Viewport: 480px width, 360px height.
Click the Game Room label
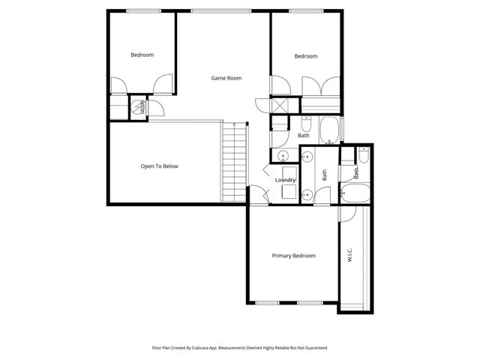click(226, 78)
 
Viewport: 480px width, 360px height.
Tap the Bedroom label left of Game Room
click(142, 55)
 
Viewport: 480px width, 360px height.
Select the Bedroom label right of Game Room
click(305, 56)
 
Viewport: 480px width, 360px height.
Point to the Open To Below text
click(159, 166)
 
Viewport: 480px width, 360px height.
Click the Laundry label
click(285, 180)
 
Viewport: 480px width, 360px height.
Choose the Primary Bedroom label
click(293, 256)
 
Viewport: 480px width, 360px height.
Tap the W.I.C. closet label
click(350, 255)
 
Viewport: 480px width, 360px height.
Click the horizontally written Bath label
click(304, 136)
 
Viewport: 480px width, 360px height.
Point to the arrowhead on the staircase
click(235, 124)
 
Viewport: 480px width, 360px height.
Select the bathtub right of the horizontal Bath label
click(329, 130)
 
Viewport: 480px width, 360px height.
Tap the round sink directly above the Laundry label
click(283, 156)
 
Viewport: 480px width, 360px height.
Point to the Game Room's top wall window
click(209, 10)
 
